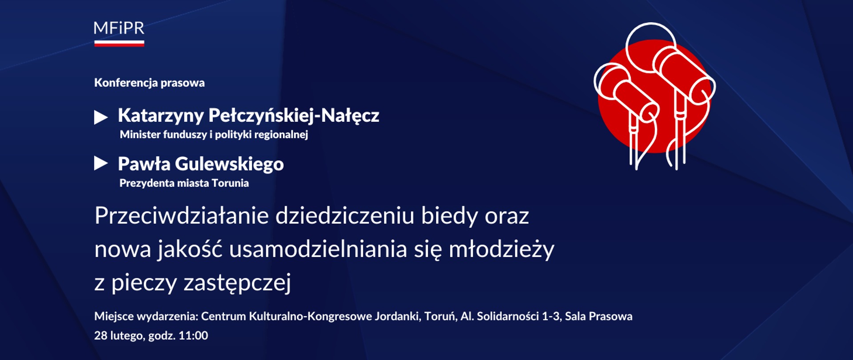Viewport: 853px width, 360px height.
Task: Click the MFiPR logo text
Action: click(119, 28)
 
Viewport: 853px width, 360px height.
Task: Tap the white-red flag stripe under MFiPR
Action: click(119, 44)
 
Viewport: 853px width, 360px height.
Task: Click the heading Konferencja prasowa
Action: click(149, 83)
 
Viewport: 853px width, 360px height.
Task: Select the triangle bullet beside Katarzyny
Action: click(101, 117)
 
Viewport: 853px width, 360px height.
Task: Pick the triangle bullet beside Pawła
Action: click(101, 164)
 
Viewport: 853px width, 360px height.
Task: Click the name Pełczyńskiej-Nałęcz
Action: click(294, 116)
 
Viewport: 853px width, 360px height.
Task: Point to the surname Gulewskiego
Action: click(229, 164)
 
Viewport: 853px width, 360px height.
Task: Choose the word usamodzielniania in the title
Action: click(318, 249)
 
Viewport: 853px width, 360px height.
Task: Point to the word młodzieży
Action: click(501, 249)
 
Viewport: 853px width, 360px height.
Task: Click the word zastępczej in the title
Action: click(237, 283)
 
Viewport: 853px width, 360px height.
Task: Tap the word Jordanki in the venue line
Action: click(397, 316)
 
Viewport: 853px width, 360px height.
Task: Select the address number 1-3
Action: click(550, 316)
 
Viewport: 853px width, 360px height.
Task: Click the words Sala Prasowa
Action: click(598, 316)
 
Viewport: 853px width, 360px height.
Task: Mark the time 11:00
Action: click(193, 336)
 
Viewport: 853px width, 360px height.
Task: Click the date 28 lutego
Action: click(119, 336)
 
